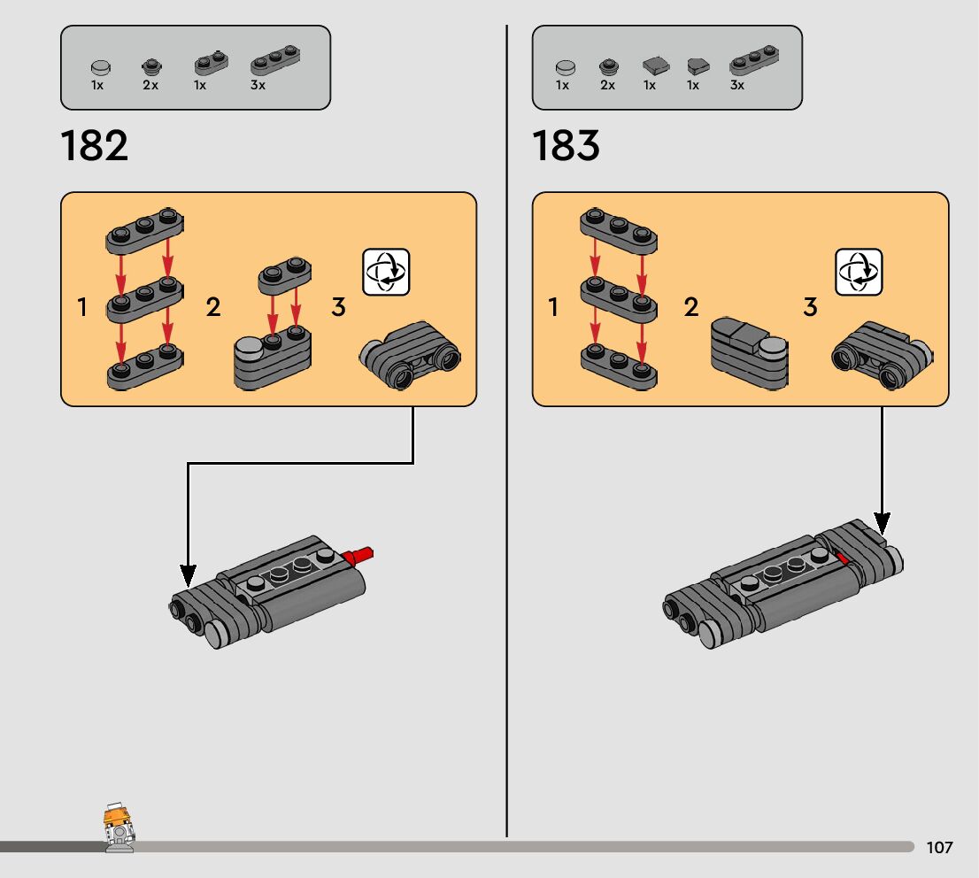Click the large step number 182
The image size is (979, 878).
pos(95,146)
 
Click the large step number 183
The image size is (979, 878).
pos(567,146)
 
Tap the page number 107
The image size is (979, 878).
pos(939,847)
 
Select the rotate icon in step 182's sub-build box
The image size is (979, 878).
pos(387,272)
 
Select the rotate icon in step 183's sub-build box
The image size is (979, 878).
pos(859,272)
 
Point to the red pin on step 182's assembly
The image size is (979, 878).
pos(360,557)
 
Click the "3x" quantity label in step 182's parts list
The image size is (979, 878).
pos(258,86)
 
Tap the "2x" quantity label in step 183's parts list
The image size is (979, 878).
pos(607,86)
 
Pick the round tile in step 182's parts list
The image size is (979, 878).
pos(102,65)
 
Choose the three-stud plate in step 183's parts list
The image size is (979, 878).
pos(754,59)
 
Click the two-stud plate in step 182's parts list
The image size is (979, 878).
pos(211,63)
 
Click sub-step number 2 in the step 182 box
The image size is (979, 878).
pos(213,308)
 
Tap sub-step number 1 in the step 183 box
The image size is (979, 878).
pos(554,308)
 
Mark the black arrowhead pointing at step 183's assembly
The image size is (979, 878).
pos(882,522)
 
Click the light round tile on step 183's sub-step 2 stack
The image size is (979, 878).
pos(772,346)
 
